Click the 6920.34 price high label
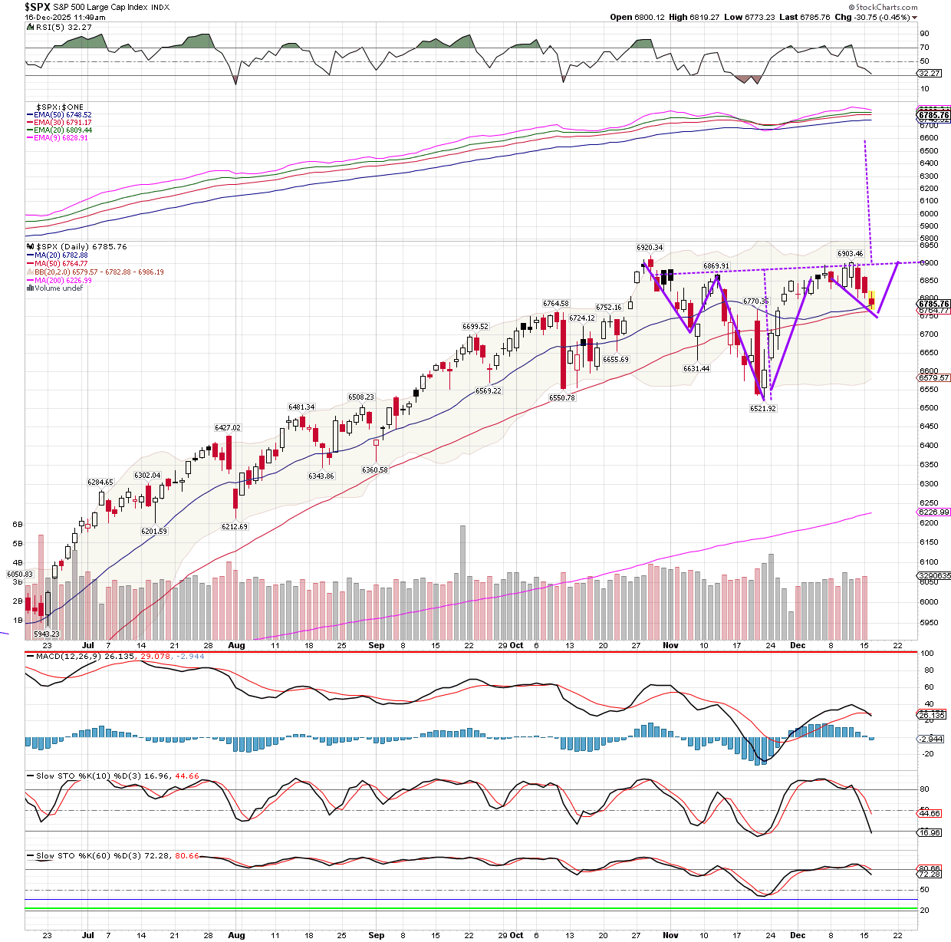tap(650, 248)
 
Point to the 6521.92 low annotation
tap(763, 409)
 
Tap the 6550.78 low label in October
tap(562, 398)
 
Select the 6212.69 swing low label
tap(235, 527)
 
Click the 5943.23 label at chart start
tap(47, 634)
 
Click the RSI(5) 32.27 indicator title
tap(64, 27)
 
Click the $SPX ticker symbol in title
tap(37, 7)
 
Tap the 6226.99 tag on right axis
tap(933, 512)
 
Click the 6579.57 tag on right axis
tap(933, 378)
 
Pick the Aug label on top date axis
tap(236, 646)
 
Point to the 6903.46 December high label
tap(850, 254)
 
